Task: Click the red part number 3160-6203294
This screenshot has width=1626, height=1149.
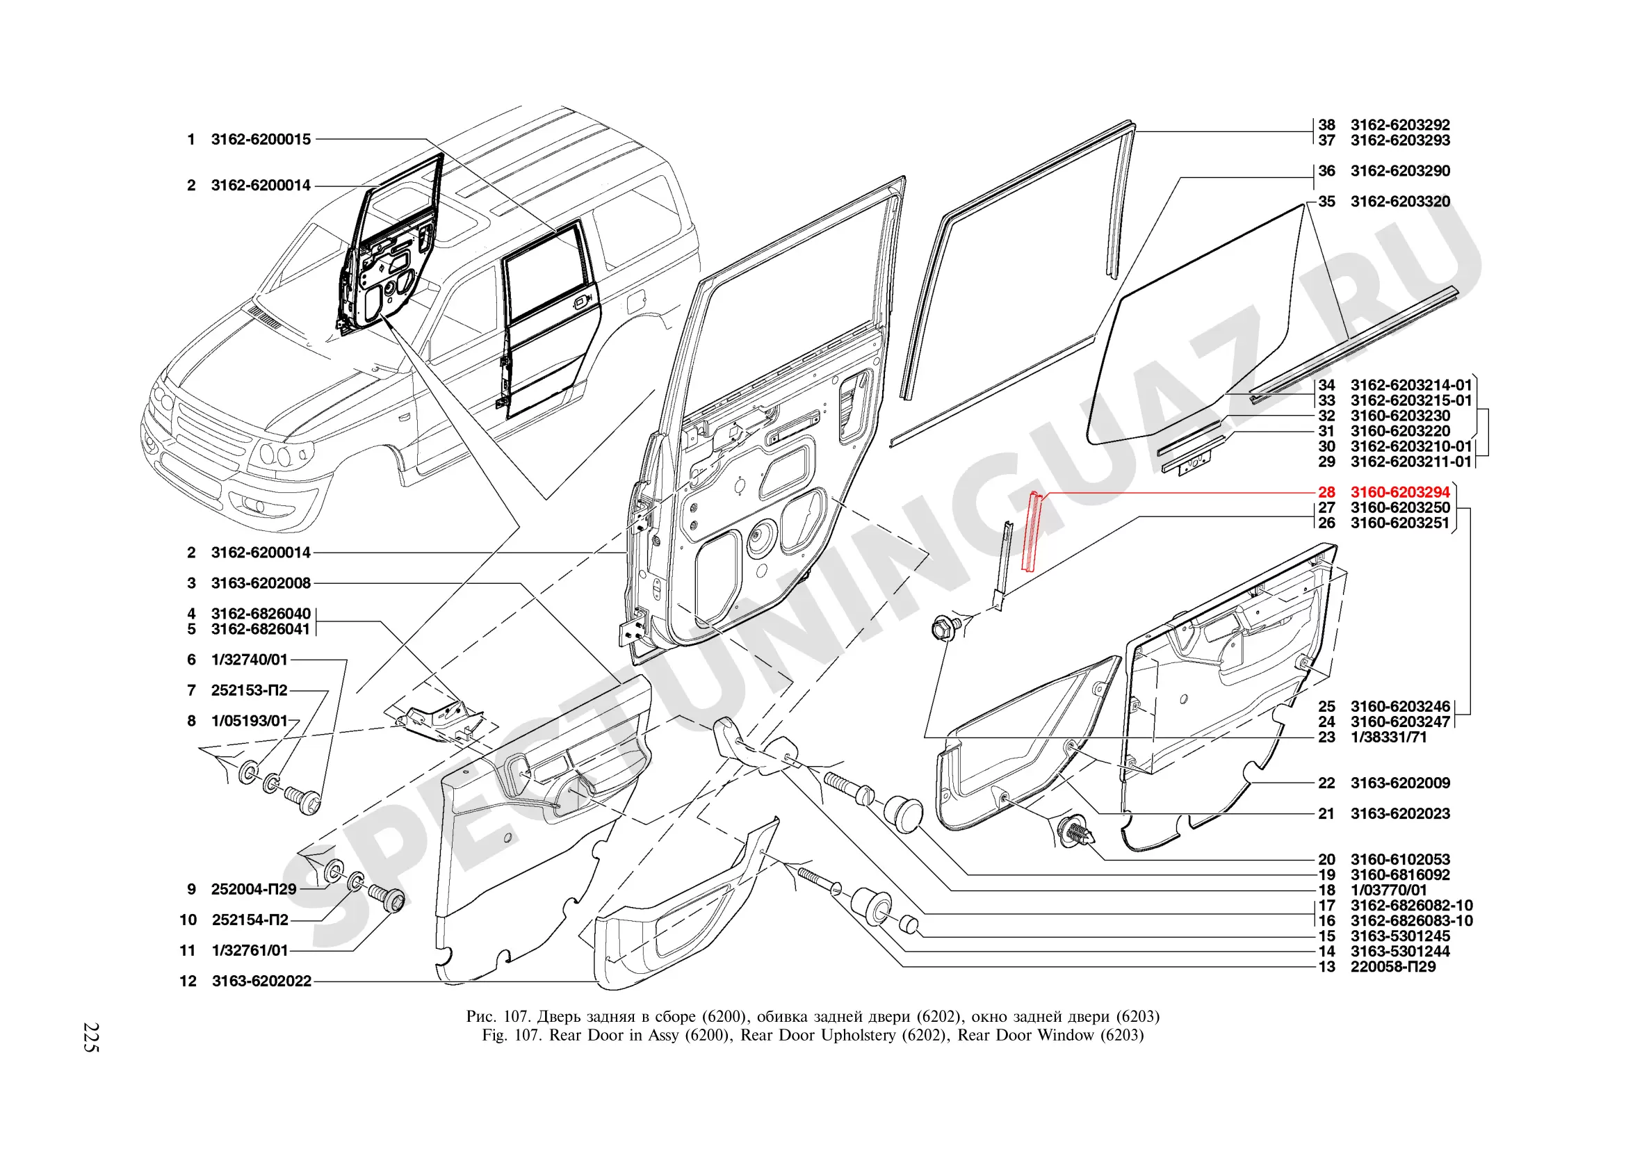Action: click(x=1399, y=492)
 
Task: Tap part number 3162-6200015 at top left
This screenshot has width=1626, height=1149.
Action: click(x=261, y=140)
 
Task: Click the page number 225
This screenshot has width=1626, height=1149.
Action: click(x=91, y=1037)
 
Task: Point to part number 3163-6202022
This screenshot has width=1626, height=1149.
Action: click(x=261, y=981)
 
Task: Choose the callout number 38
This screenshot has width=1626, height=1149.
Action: click(x=1326, y=124)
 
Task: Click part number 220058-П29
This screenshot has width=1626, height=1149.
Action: click(x=1392, y=966)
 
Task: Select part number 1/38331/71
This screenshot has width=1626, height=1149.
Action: click(x=1388, y=737)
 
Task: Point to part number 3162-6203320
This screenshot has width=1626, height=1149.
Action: click(x=1399, y=201)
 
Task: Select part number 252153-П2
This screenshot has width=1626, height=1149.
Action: click(x=250, y=690)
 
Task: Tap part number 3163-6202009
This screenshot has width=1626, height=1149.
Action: click(x=1399, y=783)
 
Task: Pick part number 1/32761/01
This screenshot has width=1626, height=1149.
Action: click(x=250, y=951)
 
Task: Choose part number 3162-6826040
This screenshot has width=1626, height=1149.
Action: click(x=261, y=614)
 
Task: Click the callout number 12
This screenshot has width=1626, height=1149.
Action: click(x=188, y=981)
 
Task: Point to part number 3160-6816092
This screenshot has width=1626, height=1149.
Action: click(x=1399, y=875)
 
